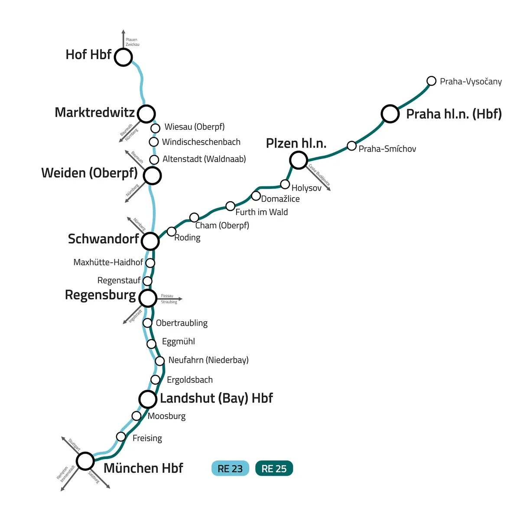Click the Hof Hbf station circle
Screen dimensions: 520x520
coord(123,57)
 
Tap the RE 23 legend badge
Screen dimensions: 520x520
coord(230,468)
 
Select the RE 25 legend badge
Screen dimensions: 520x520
coord(274,468)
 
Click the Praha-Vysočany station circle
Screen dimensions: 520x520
coord(431,81)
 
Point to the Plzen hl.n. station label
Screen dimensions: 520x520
coord(296,143)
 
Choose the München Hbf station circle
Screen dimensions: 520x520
coord(85,461)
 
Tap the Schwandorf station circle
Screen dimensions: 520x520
coord(150,241)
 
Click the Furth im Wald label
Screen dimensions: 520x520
coord(261,212)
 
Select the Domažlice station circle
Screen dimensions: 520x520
coord(256,195)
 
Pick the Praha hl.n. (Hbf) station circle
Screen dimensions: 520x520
coord(390,114)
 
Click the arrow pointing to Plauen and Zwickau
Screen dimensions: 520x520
coord(123,39)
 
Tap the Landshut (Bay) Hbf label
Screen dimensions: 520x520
coord(216,398)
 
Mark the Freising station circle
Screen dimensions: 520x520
coord(121,436)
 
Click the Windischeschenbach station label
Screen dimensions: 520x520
coord(201,142)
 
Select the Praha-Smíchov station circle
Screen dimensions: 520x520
coord(352,146)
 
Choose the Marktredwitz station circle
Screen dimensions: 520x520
coord(146,114)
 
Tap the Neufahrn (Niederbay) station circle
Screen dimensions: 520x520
coord(160,361)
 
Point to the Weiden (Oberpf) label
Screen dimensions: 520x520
coord(89,173)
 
